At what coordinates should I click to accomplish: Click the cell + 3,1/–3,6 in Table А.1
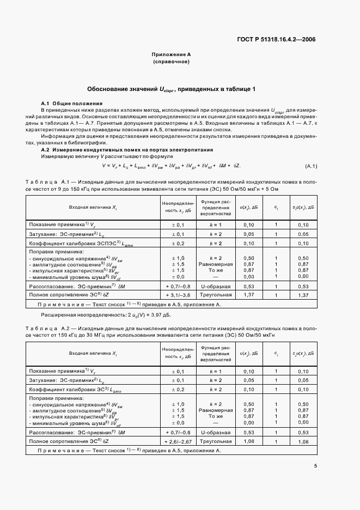175,295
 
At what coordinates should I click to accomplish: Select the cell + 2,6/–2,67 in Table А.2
175,441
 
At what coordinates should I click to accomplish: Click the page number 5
315,465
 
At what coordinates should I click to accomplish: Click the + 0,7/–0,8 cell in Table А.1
175,286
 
